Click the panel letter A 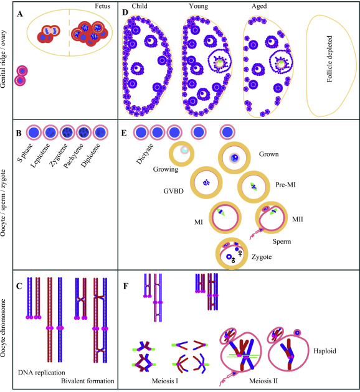click(20, 14)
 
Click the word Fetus click(102, 6)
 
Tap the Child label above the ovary click(140, 6)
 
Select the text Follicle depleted click(329, 59)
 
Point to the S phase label click(25, 152)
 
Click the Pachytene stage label click(73, 156)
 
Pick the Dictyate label click(144, 154)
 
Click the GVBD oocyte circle click(206, 182)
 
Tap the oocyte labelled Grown click(234, 158)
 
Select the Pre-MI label click(285, 185)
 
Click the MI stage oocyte click(225, 217)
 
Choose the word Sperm click(282, 241)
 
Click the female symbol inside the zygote click(240, 253)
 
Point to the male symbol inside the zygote click(233, 260)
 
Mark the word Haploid click(324, 351)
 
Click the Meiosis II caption click(263, 381)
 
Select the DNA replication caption click(42, 373)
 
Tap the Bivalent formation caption click(88, 381)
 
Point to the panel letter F click(126, 286)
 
